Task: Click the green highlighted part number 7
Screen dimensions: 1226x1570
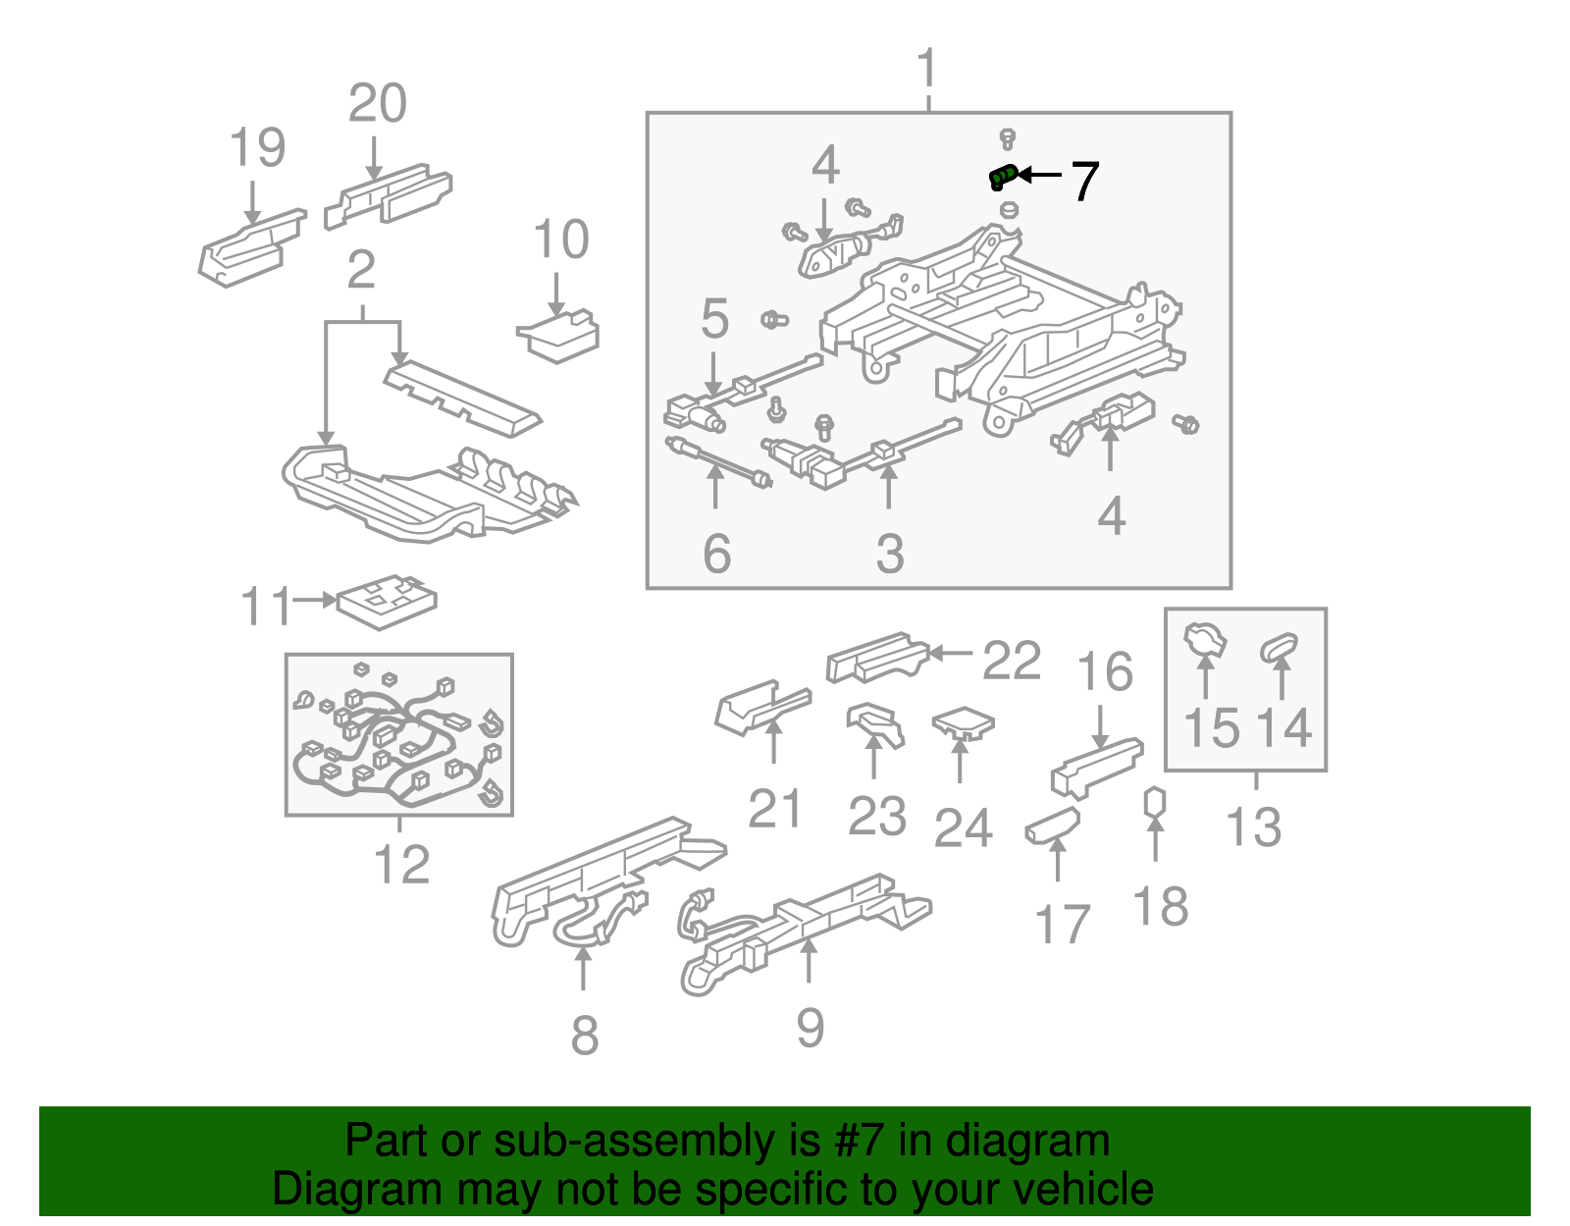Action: click(x=1002, y=177)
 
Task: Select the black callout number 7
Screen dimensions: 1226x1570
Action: click(x=1084, y=182)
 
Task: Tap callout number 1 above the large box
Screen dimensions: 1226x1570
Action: click(x=927, y=71)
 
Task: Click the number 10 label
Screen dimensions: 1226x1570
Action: click(x=560, y=240)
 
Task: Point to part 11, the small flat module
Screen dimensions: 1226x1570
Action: click(x=387, y=600)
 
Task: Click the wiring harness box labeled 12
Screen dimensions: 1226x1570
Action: click(x=399, y=735)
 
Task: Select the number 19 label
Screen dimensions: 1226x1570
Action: click(x=257, y=148)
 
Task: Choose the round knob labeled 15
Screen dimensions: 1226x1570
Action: click(x=1205, y=641)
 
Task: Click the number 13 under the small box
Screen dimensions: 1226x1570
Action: click(x=1254, y=826)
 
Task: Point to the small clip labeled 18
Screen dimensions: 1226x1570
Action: click(x=1155, y=802)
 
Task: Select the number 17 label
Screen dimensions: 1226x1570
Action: click(x=1062, y=925)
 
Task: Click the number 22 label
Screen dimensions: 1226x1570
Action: click(x=1011, y=661)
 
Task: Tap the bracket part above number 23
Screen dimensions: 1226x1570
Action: click(x=874, y=724)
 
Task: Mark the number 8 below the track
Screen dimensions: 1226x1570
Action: click(x=584, y=1035)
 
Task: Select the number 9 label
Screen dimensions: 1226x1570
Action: click(x=810, y=1027)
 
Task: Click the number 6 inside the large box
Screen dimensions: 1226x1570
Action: click(x=716, y=554)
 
